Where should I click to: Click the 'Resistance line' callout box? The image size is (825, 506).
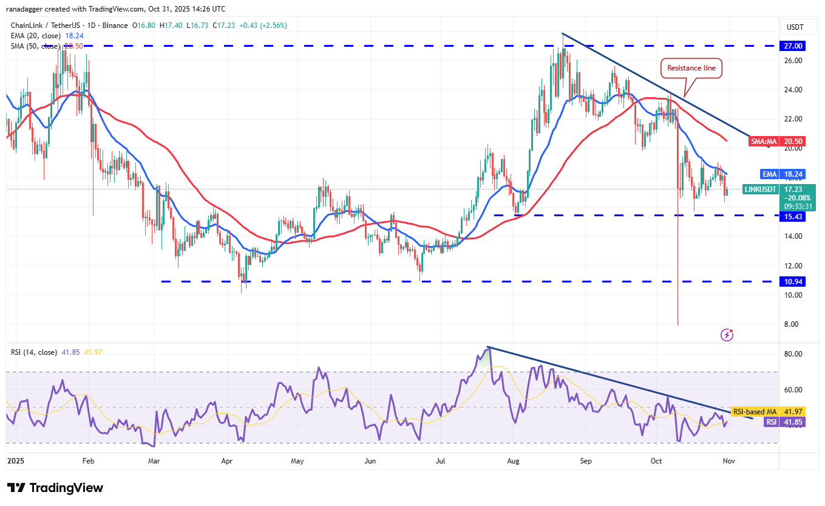(x=691, y=69)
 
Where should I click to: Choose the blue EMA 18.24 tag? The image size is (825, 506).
(x=787, y=173)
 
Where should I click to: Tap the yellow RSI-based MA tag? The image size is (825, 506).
(x=768, y=411)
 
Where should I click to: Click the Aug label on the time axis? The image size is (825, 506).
(x=513, y=461)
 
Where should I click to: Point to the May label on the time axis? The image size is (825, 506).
(x=297, y=461)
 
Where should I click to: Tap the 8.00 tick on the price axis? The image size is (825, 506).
(x=792, y=324)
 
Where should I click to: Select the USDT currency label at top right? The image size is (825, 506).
(x=795, y=27)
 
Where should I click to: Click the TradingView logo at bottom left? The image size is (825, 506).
(x=55, y=488)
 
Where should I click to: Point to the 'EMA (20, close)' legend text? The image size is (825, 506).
(x=36, y=36)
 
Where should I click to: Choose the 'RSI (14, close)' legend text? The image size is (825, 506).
(x=34, y=352)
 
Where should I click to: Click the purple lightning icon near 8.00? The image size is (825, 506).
(x=727, y=335)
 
